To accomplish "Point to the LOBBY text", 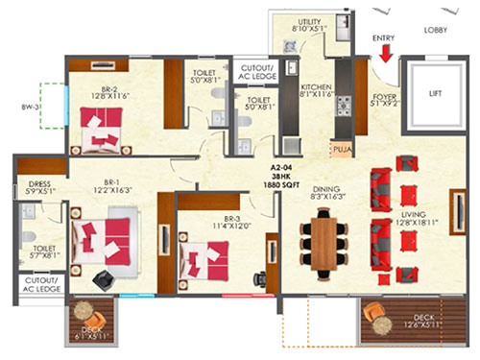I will (439, 30).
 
